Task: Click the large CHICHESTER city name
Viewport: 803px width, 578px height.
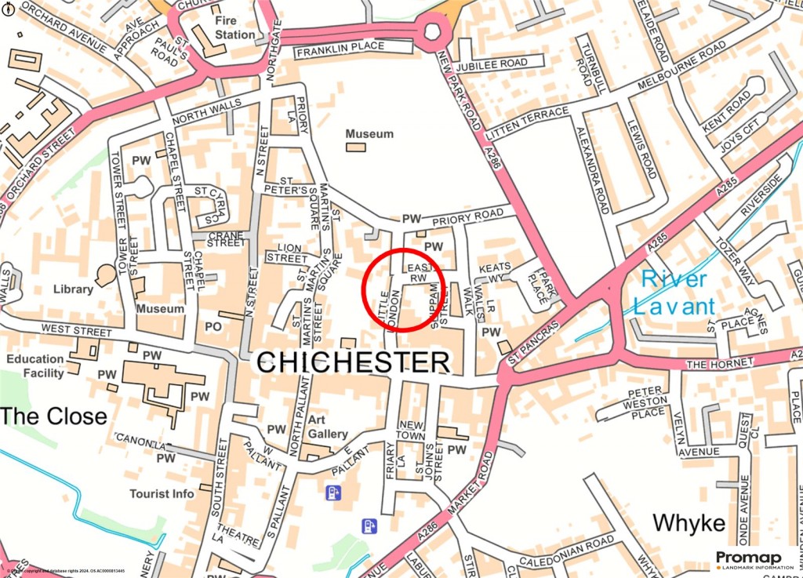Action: coord(354,362)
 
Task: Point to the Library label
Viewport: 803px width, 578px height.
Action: coord(74,289)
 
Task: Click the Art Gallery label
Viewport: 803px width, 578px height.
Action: coord(327,427)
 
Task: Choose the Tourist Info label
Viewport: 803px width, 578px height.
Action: coord(162,494)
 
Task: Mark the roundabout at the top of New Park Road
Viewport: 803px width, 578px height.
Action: coord(433,32)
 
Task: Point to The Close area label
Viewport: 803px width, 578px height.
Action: coord(53,416)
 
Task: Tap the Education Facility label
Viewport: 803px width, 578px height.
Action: coord(35,366)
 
